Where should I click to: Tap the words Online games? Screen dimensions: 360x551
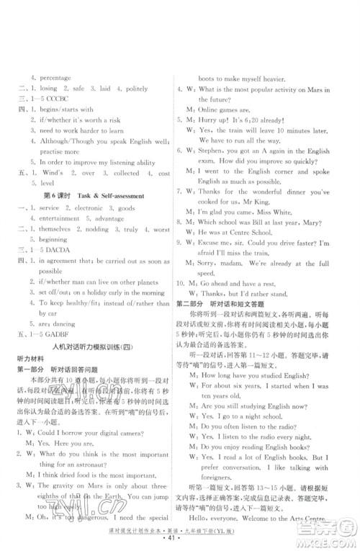tap(224, 87)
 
